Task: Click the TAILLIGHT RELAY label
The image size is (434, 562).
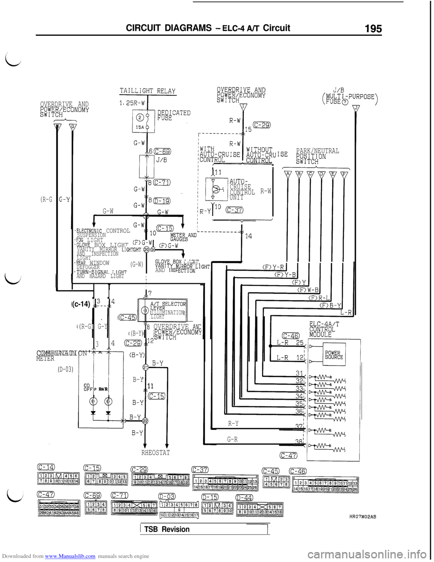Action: point(147,91)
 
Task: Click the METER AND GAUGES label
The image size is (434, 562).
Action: point(183,237)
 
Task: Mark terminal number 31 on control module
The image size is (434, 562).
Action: point(299,373)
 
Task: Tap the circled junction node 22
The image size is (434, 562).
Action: point(146,421)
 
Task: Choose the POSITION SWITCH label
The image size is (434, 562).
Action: point(311,159)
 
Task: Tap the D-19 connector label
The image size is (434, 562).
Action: point(161,201)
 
